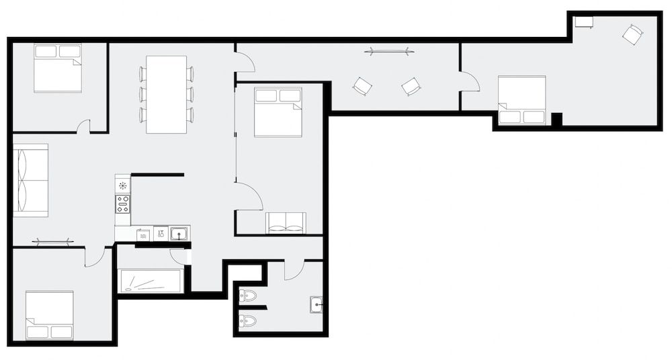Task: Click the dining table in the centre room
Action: pos(166,94)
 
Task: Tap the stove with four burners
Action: pos(122,204)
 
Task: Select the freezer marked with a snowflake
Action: pos(122,185)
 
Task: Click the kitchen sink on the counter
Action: pos(179,234)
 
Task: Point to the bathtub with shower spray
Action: pos(151,281)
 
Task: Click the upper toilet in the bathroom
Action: pos(247,295)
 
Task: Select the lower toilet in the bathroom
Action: pos(247,320)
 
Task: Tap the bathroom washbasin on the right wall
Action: pos(316,304)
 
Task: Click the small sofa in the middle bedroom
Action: pos(286,222)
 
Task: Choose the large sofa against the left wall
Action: pos(31,180)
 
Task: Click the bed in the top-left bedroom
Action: pos(58,68)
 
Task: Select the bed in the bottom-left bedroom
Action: pos(50,315)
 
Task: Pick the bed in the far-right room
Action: pos(521,100)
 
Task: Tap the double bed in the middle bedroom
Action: pos(278,111)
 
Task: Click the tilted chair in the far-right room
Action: pos(632,34)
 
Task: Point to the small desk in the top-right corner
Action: pos(584,22)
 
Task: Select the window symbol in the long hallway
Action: pos(389,50)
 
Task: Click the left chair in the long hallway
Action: pos(362,86)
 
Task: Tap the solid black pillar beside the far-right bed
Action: pos(556,119)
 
